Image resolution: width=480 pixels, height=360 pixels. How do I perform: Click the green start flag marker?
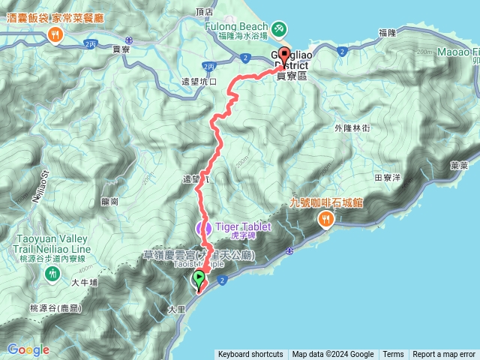tap(199, 279)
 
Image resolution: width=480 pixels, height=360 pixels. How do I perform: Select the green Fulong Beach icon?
tap(278, 28)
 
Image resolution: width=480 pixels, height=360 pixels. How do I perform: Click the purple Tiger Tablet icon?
tap(203, 227)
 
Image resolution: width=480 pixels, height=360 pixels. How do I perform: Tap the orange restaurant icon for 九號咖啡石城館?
tap(325, 219)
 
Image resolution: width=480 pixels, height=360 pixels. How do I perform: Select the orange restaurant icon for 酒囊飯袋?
tap(55, 34)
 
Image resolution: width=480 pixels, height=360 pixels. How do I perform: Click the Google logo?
tap(28, 349)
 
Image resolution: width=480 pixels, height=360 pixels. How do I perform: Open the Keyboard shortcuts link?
tap(250, 355)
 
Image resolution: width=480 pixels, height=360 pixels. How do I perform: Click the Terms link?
tap(393, 355)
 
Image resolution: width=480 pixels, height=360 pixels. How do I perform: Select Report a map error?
tap(444, 355)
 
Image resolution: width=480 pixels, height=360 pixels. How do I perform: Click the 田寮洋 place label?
tap(388, 178)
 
